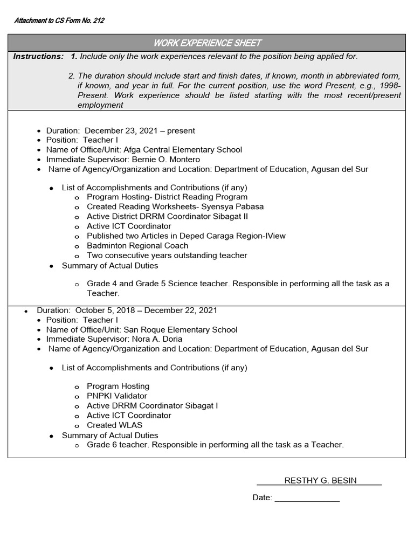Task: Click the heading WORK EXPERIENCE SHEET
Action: click(x=207, y=43)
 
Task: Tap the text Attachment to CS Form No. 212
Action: click(x=59, y=21)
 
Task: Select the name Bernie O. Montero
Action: click(x=164, y=160)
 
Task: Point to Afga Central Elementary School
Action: click(x=183, y=150)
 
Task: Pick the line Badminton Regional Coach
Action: click(x=137, y=246)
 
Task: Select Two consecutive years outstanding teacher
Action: click(x=167, y=256)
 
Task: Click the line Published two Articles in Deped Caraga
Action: click(x=186, y=236)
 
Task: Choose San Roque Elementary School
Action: click(x=180, y=329)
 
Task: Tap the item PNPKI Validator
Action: click(x=116, y=396)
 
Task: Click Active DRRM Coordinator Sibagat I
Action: click(x=152, y=406)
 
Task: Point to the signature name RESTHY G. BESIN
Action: click(x=320, y=481)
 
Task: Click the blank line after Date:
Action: click(x=307, y=498)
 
